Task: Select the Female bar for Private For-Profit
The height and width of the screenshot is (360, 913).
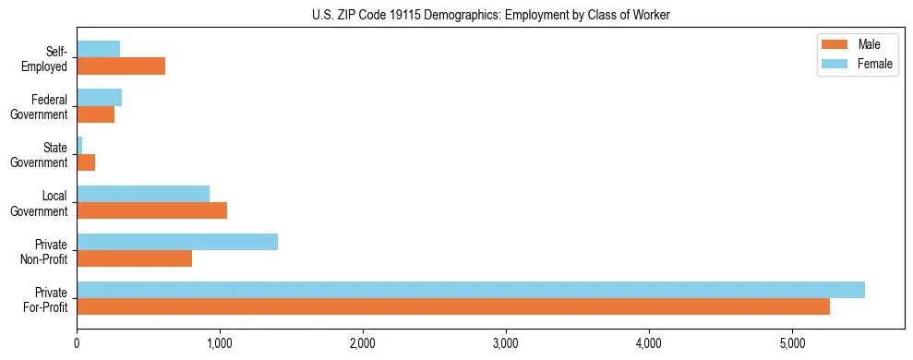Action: point(471,290)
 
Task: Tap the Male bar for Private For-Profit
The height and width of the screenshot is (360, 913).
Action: point(453,306)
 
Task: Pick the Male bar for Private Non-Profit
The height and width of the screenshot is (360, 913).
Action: point(135,258)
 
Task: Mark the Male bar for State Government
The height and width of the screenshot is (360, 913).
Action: point(86,162)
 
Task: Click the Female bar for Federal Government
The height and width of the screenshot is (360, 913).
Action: point(100,98)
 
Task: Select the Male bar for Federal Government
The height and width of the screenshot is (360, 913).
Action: point(96,114)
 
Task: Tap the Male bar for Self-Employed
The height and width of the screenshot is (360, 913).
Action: point(121,66)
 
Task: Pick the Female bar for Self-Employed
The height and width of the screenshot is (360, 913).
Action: point(99,50)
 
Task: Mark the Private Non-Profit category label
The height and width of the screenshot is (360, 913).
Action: point(45,251)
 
